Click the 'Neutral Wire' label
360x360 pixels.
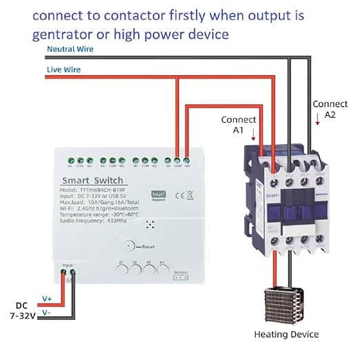[70, 49]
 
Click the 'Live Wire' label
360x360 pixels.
[63, 70]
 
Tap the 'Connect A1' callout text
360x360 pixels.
[233, 124]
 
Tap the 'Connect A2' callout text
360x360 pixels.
[325, 109]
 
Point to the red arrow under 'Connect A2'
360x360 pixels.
[318, 121]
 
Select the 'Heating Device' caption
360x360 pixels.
[286, 334]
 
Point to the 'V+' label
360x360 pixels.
[47, 298]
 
